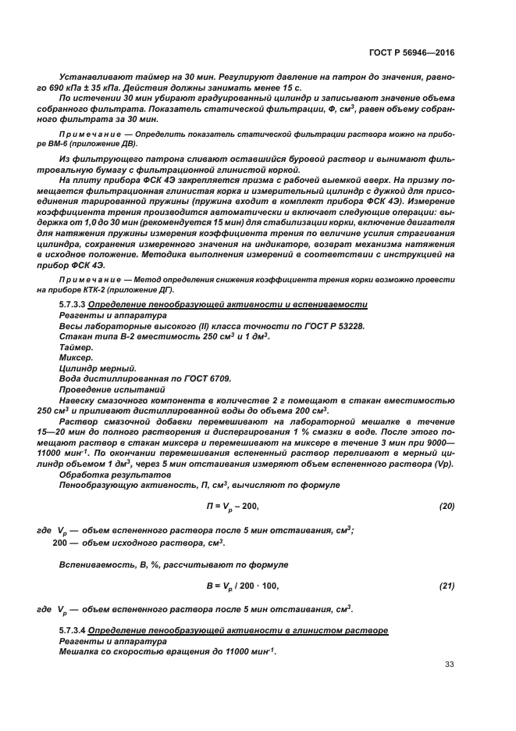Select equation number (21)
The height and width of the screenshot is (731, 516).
pyautogui.click(x=447, y=586)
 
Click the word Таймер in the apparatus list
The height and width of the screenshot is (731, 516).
pyautogui.click(x=76, y=346)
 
